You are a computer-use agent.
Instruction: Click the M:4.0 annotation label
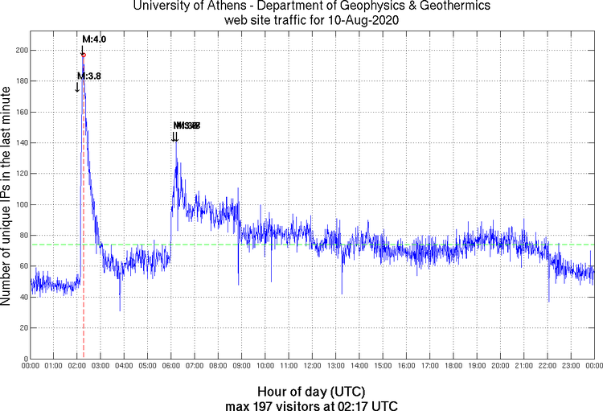click(x=94, y=39)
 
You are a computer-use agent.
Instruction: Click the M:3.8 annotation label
click(x=88, y=76)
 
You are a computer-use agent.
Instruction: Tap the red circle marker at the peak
click(x=84, y=55)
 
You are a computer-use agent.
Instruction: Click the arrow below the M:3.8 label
click(x=77, y=87)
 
